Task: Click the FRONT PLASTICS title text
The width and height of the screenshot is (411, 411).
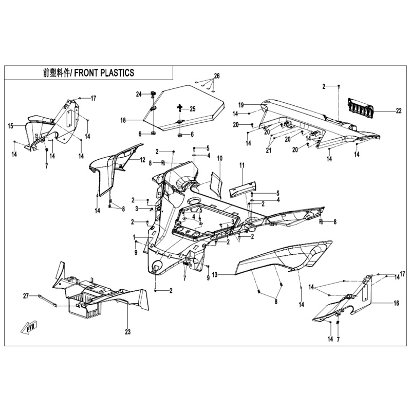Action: click(x=89, y=73)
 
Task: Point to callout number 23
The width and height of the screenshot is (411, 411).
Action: click(x=128, y=331)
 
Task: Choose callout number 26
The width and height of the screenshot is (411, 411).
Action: click(x=217, y=76)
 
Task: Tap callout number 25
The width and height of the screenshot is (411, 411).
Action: click(x=193, y=109)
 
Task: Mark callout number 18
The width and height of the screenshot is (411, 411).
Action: click(x=123, y=120)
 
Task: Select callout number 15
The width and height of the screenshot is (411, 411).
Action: click(x=10, y=125)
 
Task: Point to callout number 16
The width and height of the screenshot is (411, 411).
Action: click(x=396, y=304)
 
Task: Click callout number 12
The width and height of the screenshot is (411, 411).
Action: click(x=142, y=160)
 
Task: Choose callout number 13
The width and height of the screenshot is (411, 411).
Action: click(x=215, y=275)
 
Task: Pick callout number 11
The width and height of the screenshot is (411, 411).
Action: click(x=242, y=165)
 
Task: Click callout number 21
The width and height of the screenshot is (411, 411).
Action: click(x=268, y=151)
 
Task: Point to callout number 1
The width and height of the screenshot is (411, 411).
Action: click(x=135, y=236)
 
